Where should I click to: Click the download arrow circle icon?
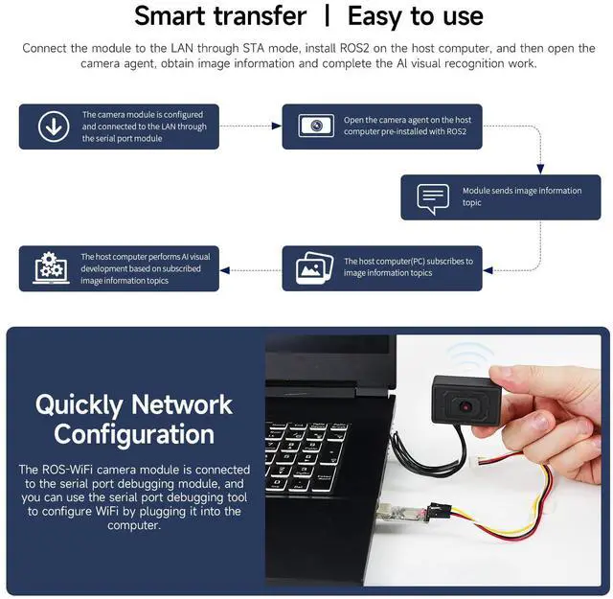(x=54, y=127)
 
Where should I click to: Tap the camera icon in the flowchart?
(x=316, y=126)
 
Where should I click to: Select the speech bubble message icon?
(x=433, y=198)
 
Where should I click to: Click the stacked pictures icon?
(x=314, y=268)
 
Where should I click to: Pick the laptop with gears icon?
(x=51, y=268)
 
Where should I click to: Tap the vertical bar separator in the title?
(x=328, y=16)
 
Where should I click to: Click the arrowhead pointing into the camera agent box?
(x=277, y=126)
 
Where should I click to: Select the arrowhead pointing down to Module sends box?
(x=540, y=169)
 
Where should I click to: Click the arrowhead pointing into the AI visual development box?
(x=224, y=270)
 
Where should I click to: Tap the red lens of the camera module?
(x=465, y=407)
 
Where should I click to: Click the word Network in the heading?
(x=182, y=404)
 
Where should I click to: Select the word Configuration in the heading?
(x=134, y=435)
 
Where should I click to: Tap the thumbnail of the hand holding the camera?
(x=433, y=460)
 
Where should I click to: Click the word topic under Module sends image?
(x=472, y=202)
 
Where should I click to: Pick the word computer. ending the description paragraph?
(x=134, y=525)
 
